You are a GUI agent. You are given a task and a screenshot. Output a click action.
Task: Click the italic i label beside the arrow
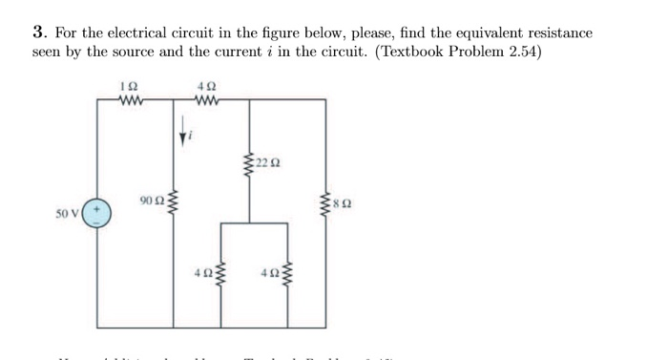click(193, 137)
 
